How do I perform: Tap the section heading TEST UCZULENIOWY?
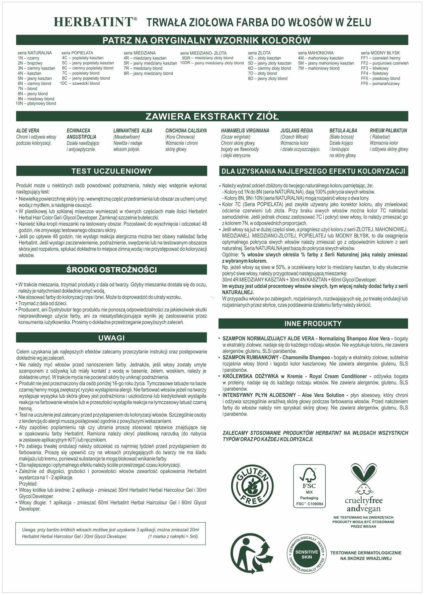[x=112, y=171]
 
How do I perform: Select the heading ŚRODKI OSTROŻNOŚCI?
[x=112, y=270]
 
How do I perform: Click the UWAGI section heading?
[x=112, y=338]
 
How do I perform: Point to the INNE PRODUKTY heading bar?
[x=313, y=324]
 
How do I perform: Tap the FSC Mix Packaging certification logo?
[x=309, y=486]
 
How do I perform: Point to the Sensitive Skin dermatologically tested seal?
[x=306, y=555]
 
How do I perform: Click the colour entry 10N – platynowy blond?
[x=36, y=104]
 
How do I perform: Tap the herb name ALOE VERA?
[x=28, y=131]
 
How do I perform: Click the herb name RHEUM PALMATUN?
[x=388, y=131]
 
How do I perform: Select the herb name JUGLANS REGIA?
[x=297, y=131]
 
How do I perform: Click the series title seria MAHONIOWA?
[x=315, y=53]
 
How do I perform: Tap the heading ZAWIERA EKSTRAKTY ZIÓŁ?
[x=212, y=117]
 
